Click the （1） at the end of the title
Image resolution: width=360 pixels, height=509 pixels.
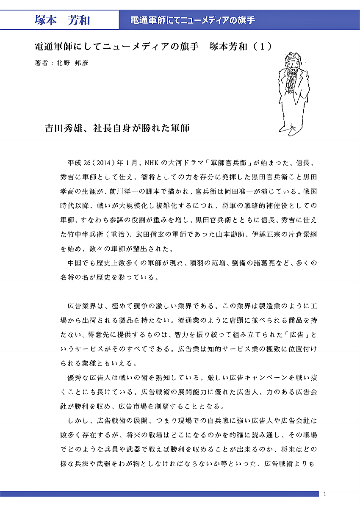click(x=262, y=47)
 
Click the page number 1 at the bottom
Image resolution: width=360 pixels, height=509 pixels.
click(x=325, y=494)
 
